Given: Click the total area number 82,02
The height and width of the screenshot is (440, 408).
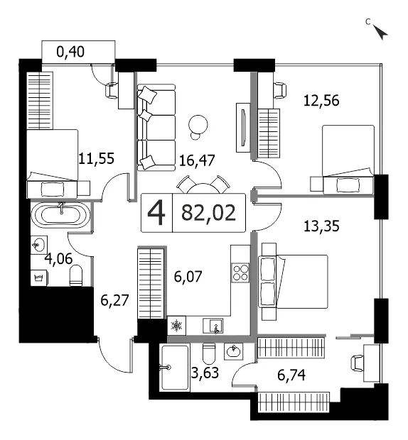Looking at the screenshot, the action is [x=208, y=213].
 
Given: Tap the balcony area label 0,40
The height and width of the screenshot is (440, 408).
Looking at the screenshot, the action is [x=70, y=53].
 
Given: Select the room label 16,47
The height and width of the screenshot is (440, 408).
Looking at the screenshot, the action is [x=197, y=160].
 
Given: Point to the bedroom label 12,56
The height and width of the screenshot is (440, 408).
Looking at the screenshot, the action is [x=321, y=101].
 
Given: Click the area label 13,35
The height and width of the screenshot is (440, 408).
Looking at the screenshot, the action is [x=321, y=226].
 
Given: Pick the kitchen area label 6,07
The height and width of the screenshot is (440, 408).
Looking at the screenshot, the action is [x=188, y=277].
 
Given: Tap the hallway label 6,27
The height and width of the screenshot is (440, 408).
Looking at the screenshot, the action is [x=114, y=300].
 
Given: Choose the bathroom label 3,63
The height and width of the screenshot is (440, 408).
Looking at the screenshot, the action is [x=205, y=373].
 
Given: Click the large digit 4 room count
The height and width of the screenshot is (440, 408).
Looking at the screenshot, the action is [x=156, y=214].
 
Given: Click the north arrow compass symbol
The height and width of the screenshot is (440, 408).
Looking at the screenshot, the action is [x=380, y=31].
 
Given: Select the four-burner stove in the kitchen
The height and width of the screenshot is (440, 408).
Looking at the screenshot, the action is [x=240, y=273].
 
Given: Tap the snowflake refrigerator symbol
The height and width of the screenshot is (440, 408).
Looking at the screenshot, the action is [x=176, y=326].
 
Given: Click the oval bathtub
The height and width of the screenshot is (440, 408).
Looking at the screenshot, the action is [x=60, y=214].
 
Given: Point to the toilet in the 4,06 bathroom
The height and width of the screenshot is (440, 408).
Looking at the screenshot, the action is [x=76, y=276].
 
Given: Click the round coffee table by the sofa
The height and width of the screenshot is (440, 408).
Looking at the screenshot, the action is [x=198, y=125].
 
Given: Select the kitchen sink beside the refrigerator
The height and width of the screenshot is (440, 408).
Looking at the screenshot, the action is [x=213, y=326].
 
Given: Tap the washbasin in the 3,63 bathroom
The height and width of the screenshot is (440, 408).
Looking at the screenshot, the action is [x=234, y=351].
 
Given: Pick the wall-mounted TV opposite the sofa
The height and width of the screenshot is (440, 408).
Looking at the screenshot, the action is [x=243, y=128].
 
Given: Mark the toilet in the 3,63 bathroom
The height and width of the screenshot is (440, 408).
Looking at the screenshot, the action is [x=209, y=353].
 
